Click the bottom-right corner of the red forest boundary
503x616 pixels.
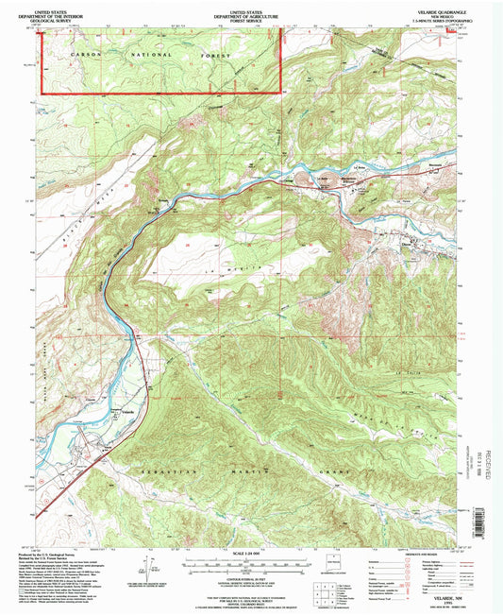click(281, 93)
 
